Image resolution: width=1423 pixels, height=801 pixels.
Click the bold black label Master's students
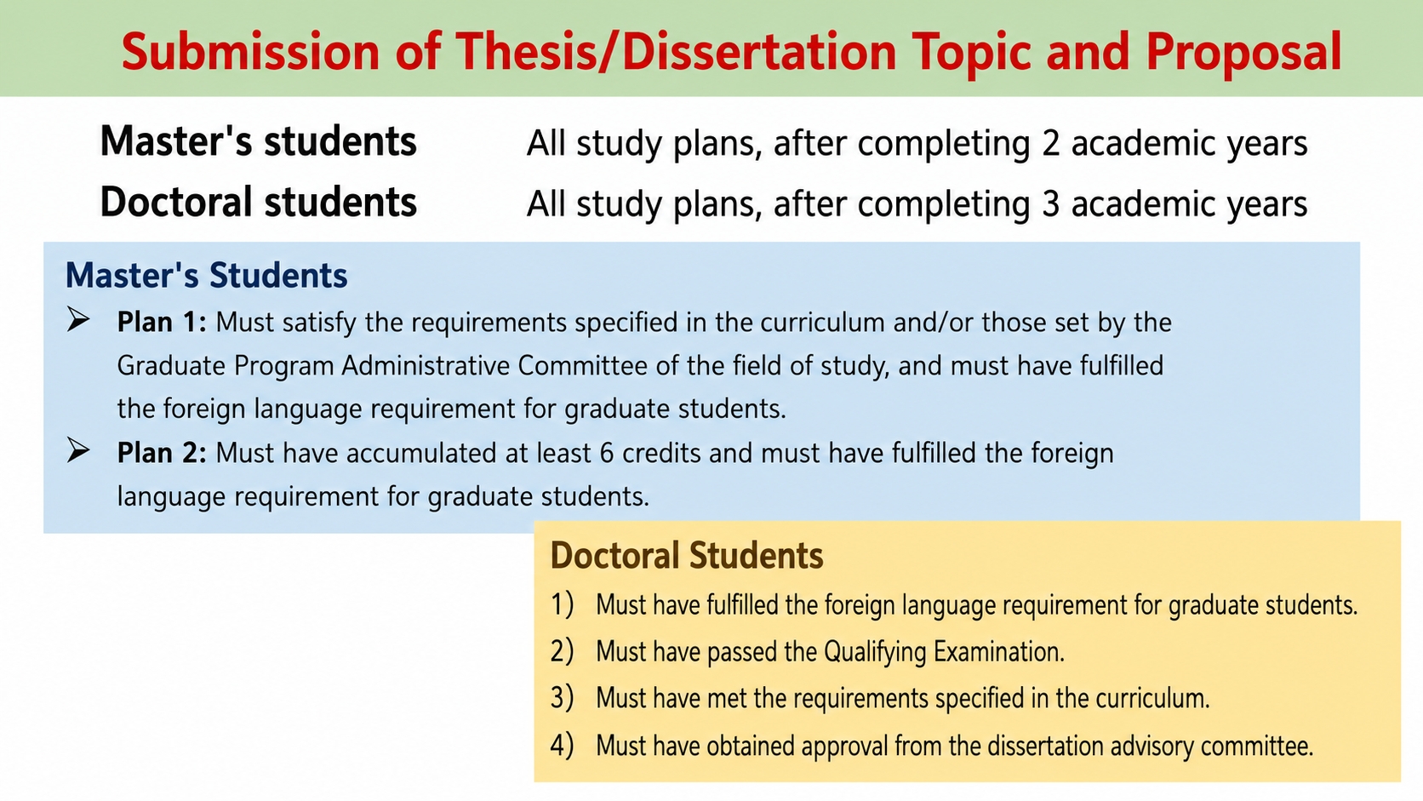259,141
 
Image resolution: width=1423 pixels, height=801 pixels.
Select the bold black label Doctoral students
259,202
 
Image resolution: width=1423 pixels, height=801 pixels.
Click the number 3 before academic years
1051,204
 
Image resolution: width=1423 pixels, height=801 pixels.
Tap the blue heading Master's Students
207,275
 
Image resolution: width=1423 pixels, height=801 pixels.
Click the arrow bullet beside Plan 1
78,319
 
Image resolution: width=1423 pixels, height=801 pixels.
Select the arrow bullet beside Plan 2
78,450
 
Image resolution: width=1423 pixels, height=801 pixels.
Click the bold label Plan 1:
162,323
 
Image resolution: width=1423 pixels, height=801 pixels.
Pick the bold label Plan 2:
162,454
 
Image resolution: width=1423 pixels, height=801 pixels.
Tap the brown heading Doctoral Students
687,555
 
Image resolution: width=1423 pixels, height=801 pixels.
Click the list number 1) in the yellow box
563,604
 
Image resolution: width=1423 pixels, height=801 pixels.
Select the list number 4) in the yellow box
563,746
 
